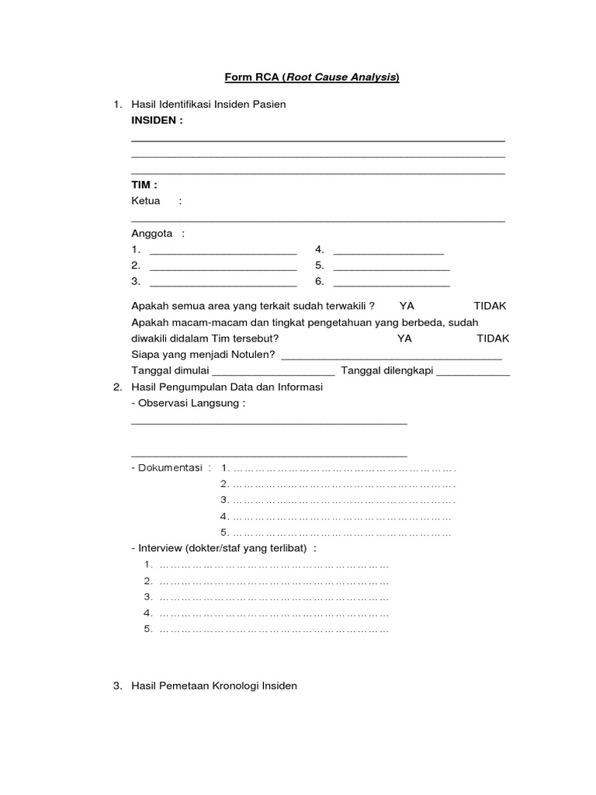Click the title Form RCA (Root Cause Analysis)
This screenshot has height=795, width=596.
(312, 77)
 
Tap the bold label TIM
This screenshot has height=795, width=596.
(144, 185)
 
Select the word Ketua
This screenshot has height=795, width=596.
(146, 201)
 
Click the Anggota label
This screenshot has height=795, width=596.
(152, 234)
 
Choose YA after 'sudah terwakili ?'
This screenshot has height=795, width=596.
(407, 306)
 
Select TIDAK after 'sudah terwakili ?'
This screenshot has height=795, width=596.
(490, 306)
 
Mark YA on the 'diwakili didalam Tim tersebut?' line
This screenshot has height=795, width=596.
(404, 338)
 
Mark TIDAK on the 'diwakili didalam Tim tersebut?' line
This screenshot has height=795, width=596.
(493, 338)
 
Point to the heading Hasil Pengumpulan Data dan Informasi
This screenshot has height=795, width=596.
(227, 387)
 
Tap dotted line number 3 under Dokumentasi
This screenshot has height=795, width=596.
(343, 500)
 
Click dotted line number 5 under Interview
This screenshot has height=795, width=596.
(273, 630)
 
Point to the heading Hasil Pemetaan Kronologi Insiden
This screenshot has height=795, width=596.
(214, 686)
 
